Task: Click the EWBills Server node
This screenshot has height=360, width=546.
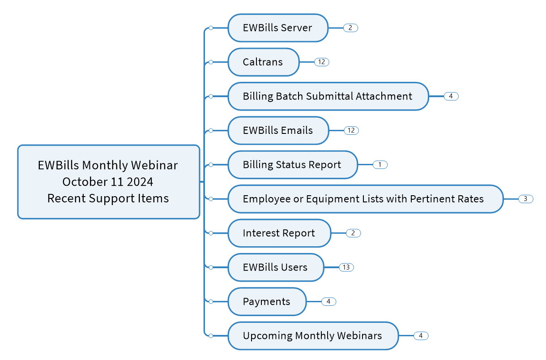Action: point(278,28)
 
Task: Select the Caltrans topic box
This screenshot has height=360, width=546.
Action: point(264,62)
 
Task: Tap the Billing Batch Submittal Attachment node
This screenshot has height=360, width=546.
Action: point(328,96)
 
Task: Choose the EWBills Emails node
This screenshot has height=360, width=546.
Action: point(278,130)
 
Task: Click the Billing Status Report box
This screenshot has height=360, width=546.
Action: point(293,165)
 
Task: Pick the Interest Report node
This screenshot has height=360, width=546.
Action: point(279,233)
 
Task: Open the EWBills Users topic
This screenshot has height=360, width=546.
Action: point(276,267)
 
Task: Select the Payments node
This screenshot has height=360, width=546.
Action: point(267,301)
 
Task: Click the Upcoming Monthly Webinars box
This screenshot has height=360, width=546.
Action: point(313,336)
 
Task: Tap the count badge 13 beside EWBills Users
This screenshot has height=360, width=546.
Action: point(346,267)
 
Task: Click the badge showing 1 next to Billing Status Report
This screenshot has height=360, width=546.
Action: point(380,165)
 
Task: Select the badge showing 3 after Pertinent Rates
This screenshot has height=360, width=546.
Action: point(526,199)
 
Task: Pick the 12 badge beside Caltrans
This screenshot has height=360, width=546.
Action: point(322,62)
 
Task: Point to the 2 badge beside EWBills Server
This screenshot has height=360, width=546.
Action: point(350,28)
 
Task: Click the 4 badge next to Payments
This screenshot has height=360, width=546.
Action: point(329,301)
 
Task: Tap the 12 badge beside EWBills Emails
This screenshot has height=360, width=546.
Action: point(351,130)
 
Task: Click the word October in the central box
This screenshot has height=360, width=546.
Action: point(85,182)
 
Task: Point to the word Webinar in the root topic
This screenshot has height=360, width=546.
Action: point(154,165)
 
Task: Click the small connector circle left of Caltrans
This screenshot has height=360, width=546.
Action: point(211,62)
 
